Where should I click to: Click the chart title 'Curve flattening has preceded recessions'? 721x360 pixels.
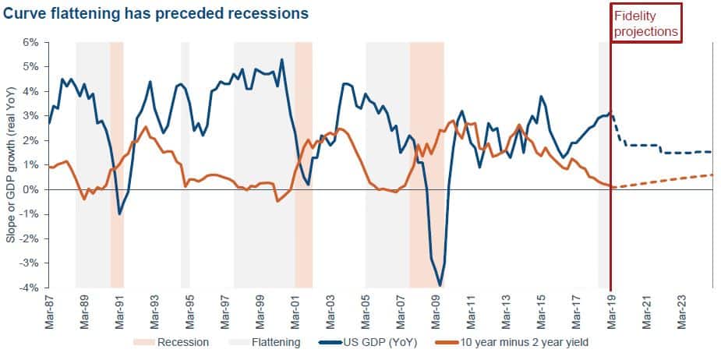pos(156,14)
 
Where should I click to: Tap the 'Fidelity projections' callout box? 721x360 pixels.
pos(646,23)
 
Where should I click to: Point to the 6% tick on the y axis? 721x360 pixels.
pos(30,42)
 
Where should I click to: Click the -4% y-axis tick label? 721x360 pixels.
pos(29,288)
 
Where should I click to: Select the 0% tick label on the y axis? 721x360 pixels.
pos(30,190)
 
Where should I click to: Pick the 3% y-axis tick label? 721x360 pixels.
pos(30,116)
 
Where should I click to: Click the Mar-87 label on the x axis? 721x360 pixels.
pos(50,312)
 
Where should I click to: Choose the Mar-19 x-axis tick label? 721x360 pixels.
pos(613,312)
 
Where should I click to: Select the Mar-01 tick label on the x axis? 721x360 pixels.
pos(296,312)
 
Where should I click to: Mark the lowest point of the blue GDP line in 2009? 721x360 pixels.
pos(440,285)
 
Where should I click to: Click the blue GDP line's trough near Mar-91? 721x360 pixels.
pos(119,214)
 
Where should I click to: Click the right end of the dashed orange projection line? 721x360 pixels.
pos(712,175)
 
